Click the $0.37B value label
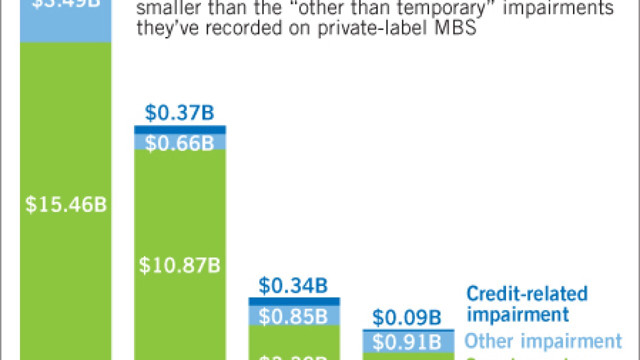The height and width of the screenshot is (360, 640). tap(179, 113)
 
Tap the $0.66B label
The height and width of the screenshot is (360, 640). tap(179, 143)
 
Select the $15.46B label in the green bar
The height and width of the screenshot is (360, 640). tap(66, 205)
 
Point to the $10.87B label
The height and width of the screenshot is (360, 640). tap(179, 265)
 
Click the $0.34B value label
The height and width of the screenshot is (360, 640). tap(293, 285)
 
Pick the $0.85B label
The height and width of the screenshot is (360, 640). tap(293, 316)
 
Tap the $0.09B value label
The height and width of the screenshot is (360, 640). tap(407, 317)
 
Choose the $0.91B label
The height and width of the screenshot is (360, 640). tap(407, 342)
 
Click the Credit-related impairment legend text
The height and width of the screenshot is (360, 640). tap(526, 303)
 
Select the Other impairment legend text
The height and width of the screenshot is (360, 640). tap(543, 341)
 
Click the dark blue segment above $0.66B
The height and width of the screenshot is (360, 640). tap(180, 129)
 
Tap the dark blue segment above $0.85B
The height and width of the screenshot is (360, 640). tap(294, 301)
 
